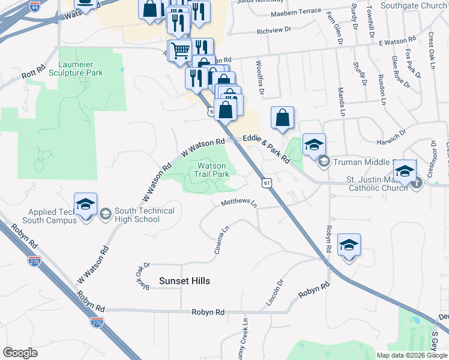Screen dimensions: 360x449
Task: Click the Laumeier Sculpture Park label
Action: pos(81,68)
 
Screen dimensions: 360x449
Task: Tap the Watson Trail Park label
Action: pos(212,170)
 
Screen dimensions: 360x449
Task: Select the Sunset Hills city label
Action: pos(184,281)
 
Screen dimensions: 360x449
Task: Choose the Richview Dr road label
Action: pos(273,30)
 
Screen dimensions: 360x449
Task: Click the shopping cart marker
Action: pos(179,50)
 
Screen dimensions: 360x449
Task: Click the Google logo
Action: pos(20,353)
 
